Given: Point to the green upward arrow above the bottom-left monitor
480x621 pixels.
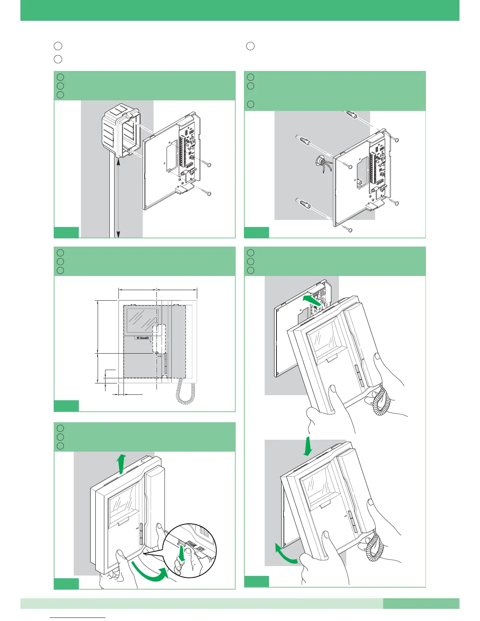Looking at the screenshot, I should click(122, 463).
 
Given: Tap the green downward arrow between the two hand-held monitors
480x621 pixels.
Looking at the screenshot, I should click(308, 446).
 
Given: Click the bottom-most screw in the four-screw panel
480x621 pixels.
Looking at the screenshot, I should click(350, 230).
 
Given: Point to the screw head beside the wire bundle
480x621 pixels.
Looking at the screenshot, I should click(350, 167).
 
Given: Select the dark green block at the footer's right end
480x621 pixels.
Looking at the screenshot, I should click(421, 603).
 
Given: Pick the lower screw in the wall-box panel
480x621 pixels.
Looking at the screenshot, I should click(209, 193).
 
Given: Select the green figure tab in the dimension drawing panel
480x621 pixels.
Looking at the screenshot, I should click(66, 406).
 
